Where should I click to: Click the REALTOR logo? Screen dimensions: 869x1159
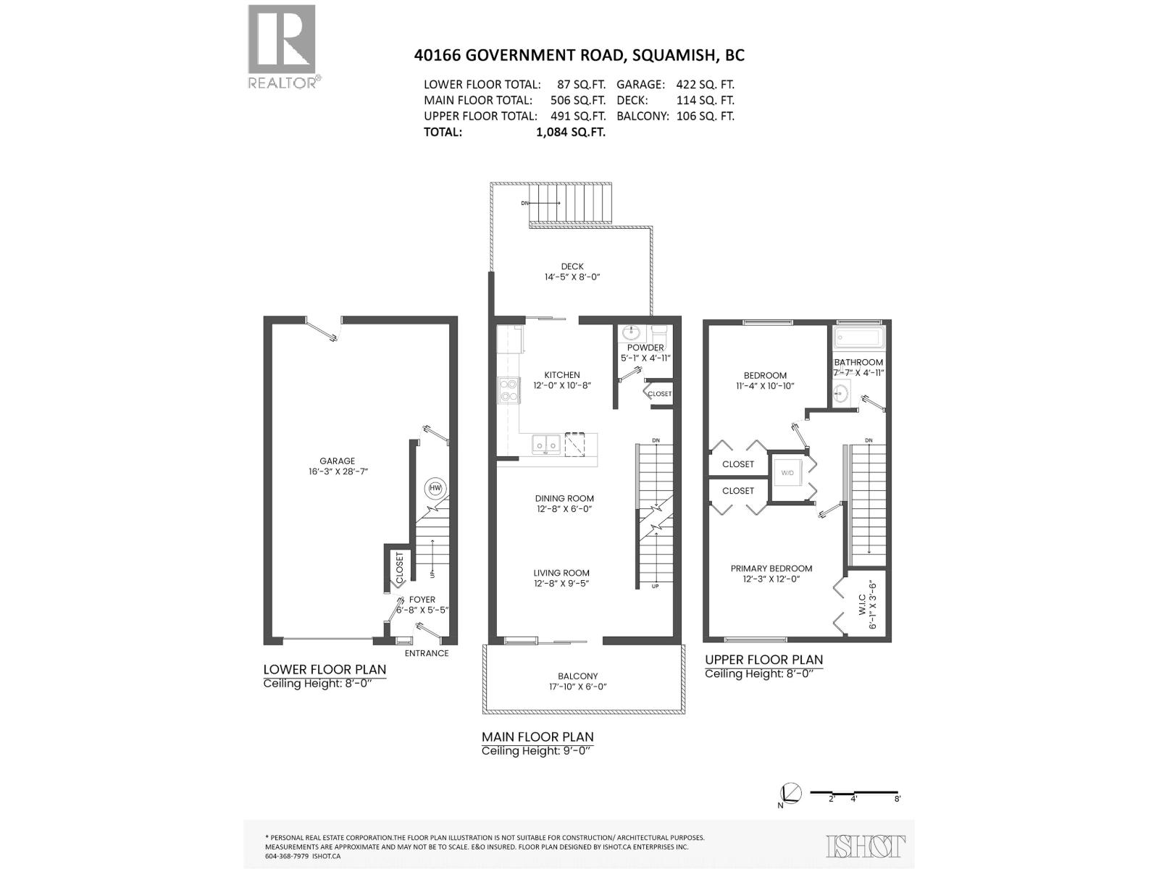pos(283,45)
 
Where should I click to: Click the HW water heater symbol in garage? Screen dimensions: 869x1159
pos(435,488)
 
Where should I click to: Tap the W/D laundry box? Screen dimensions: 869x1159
pos(787,473)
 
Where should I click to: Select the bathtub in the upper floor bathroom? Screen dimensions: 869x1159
pos(858,337)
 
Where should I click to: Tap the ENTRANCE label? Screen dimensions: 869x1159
pos(426,653)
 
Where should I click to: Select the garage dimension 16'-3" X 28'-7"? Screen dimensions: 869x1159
pos(338,471)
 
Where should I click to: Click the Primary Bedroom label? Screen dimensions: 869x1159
pos(771,568)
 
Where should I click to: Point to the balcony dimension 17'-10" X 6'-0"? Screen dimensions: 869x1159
pos(577,687)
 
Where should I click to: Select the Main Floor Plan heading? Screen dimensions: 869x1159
pos(537,736)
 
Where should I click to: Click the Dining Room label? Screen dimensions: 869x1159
pos(564,498)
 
